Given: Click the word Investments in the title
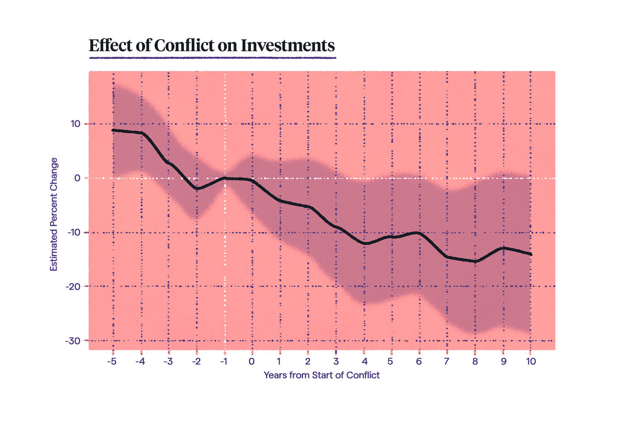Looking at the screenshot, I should (x=288, y=46).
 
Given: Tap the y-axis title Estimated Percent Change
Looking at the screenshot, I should (x=54, y=214).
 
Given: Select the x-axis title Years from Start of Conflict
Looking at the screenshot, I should (x=321, y=375).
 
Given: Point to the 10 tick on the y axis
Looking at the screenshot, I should (x=75, y=124).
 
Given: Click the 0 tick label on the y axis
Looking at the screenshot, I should (x=77, y=178).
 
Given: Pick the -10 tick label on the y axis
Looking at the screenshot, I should (x=73, y=232).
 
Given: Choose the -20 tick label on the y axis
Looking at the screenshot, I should (x=73, y=286).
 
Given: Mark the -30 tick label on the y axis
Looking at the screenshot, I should (x=73, y=341).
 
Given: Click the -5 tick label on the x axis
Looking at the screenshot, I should (x=112, y=361).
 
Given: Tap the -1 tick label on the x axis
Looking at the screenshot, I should (x=224, y=361).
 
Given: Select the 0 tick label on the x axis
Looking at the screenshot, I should (x=252, y=361).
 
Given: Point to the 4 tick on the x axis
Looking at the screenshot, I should (x=364, y=361).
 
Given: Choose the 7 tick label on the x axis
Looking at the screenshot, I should (x=446, y=361).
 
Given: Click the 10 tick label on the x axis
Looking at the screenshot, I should (x=531, y=361).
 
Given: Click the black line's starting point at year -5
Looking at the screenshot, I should (x=113, y=130).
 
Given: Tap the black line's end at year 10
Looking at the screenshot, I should (x=531, y=254).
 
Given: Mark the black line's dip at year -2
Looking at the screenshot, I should (x=197, y=189).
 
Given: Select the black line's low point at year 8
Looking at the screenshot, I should (x=475, y=261).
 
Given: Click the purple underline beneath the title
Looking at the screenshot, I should (x=212, y=58).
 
